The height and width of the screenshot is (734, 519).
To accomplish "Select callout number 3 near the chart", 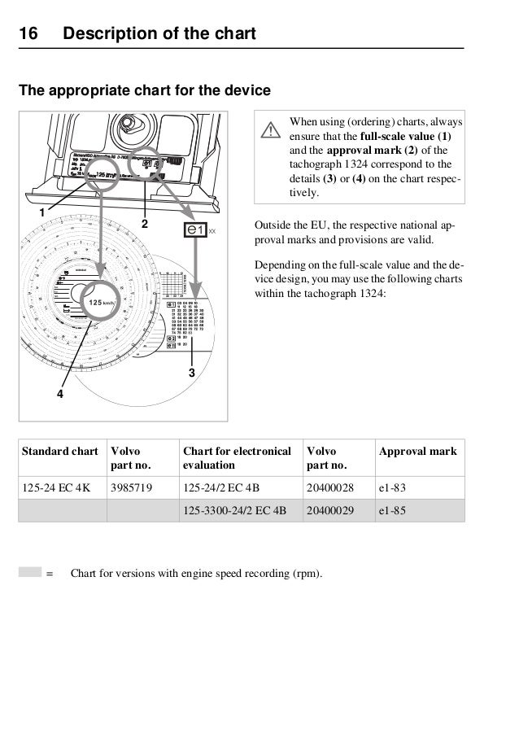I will [191, 373].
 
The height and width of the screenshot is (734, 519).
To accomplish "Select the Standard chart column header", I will [59, 451].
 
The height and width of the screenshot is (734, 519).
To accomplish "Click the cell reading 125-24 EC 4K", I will [57, 488].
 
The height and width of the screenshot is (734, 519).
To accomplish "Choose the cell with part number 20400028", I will [329, 488].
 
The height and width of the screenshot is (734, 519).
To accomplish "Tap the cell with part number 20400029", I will [329, 511].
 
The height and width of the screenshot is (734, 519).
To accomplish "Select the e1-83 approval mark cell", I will [393, 488].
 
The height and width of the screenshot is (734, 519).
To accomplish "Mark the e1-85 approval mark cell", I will [393, 511].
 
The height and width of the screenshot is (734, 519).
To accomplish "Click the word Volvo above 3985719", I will [124, 451].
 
